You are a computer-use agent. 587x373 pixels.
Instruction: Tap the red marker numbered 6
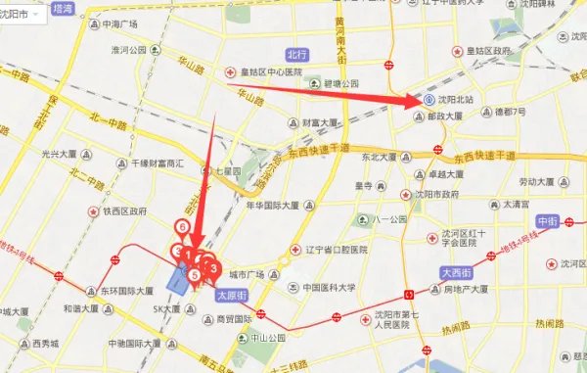click(182, 227)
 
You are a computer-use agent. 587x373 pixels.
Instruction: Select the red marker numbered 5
click(196, 275)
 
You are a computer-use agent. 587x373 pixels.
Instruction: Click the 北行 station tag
click(297, 54)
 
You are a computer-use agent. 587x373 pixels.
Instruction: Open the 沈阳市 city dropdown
click(23, 18)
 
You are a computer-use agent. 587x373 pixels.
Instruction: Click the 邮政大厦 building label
click(462, 116)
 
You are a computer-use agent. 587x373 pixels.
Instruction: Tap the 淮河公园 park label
click(128, 49)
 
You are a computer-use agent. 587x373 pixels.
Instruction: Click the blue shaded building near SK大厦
click(178, 282)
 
